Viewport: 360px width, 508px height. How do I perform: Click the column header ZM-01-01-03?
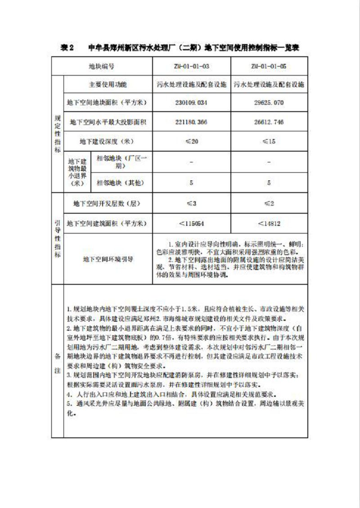point(192,67)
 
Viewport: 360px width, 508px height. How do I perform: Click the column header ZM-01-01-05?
point(269,67)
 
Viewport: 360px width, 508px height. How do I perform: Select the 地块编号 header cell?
point(101,67)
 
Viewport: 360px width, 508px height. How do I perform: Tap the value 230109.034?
point(192,103)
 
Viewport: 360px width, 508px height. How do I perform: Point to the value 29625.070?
point(269,103)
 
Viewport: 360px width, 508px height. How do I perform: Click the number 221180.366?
point(192,122)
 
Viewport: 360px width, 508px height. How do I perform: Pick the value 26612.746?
point(269,122)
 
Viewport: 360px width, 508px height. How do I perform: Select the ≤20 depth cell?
point(192,141)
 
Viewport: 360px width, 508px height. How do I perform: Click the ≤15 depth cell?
point(269,141)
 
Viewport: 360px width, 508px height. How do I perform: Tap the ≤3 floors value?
point(192,203)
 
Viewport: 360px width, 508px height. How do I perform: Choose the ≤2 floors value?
point(269,203)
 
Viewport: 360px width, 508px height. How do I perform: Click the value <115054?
point(192,223)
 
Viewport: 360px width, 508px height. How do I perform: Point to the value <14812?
point(269,223)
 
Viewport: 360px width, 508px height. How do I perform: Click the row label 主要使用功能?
point(108,84)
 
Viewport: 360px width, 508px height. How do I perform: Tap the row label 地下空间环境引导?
point(108,259)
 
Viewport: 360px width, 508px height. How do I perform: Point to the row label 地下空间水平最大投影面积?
point(108,122)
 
